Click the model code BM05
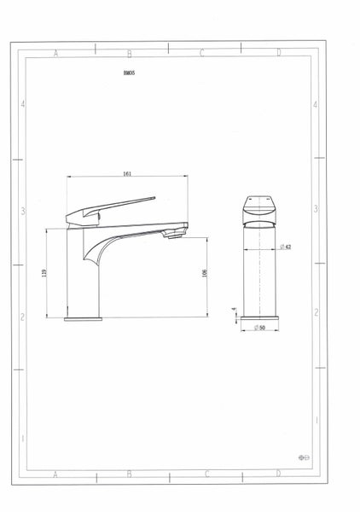(129, 74)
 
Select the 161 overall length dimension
(127, 173)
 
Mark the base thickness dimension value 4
(233, 312)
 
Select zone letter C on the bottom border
(203, 472)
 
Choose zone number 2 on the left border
(23, 316)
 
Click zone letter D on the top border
(279, 53)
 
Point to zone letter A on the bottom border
(55, 472)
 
